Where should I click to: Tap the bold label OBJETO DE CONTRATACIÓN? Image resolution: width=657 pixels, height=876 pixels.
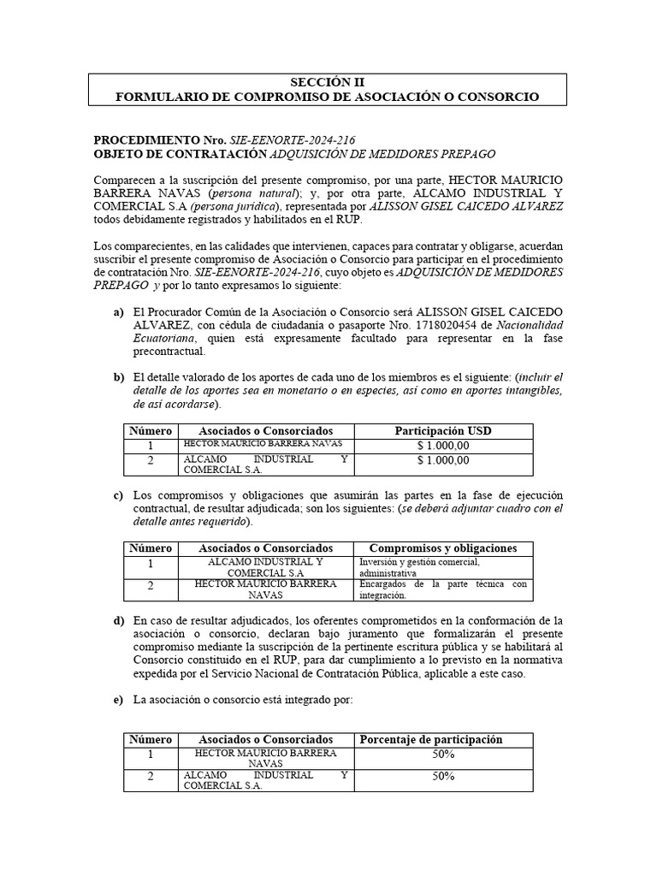coord(180,153)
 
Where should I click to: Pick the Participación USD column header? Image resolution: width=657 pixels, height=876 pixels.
coord(442,430)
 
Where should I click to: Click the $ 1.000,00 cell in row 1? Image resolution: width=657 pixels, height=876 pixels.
coord(442,446)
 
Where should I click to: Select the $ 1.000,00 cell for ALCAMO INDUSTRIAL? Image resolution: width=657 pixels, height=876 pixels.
coord(442,460)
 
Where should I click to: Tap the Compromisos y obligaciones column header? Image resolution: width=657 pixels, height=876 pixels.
coord(442,548)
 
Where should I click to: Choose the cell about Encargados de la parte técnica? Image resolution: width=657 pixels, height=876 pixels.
coord(442,589)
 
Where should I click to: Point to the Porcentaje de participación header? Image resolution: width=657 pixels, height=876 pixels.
coord(430,740)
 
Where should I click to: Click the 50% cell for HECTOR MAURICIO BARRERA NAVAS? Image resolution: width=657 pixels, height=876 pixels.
coord(442,755)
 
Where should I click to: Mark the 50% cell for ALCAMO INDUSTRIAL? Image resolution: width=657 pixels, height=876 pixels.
coord(442,777)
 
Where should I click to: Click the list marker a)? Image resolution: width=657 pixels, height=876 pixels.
coord(119,311)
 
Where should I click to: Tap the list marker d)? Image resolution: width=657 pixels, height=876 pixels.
coord(119,619)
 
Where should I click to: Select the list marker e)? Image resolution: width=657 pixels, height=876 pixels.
coord(119,700)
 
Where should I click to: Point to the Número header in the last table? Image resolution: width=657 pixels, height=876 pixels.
coord(150,740)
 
